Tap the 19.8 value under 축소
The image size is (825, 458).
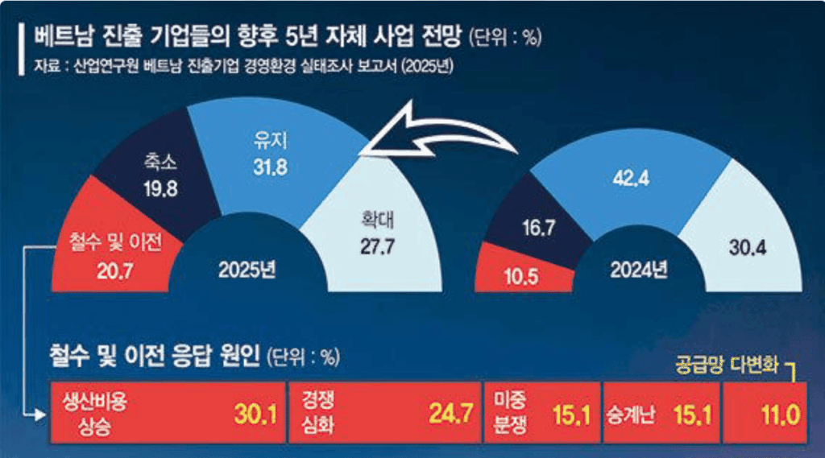coord(162,189)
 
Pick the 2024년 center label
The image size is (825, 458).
coord(638,270)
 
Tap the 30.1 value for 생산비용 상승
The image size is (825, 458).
coord(255,415)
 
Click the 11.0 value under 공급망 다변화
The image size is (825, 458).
coord(778,415)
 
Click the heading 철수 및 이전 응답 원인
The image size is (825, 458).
coord(155,356)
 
